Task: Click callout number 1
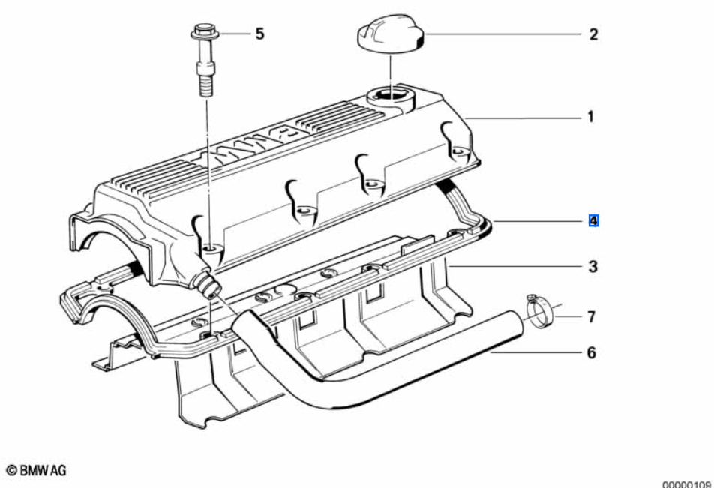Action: [590, 117]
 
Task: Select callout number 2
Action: [592, 34]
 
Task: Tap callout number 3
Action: [592, 266]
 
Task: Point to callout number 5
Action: [259, 34]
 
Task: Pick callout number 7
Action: [591, 317]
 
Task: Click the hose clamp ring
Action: [539, 311]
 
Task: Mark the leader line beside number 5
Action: [232, 34]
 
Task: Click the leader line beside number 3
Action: [517, 266]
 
